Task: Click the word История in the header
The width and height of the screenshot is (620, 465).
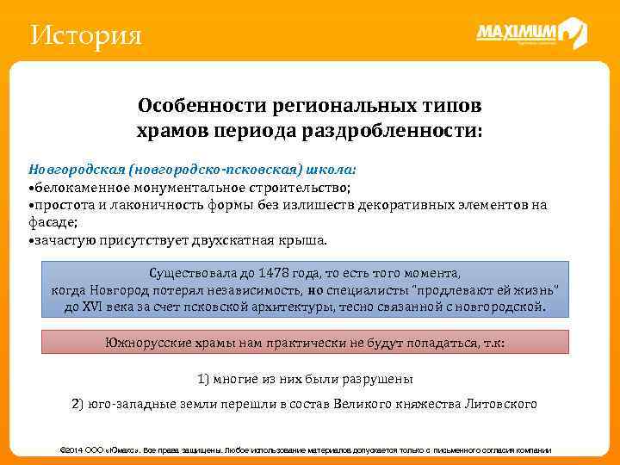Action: tap(84, 36)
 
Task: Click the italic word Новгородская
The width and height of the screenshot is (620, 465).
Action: tap(71, 169)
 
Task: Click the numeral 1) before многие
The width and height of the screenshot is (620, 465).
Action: tap(204, 378)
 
